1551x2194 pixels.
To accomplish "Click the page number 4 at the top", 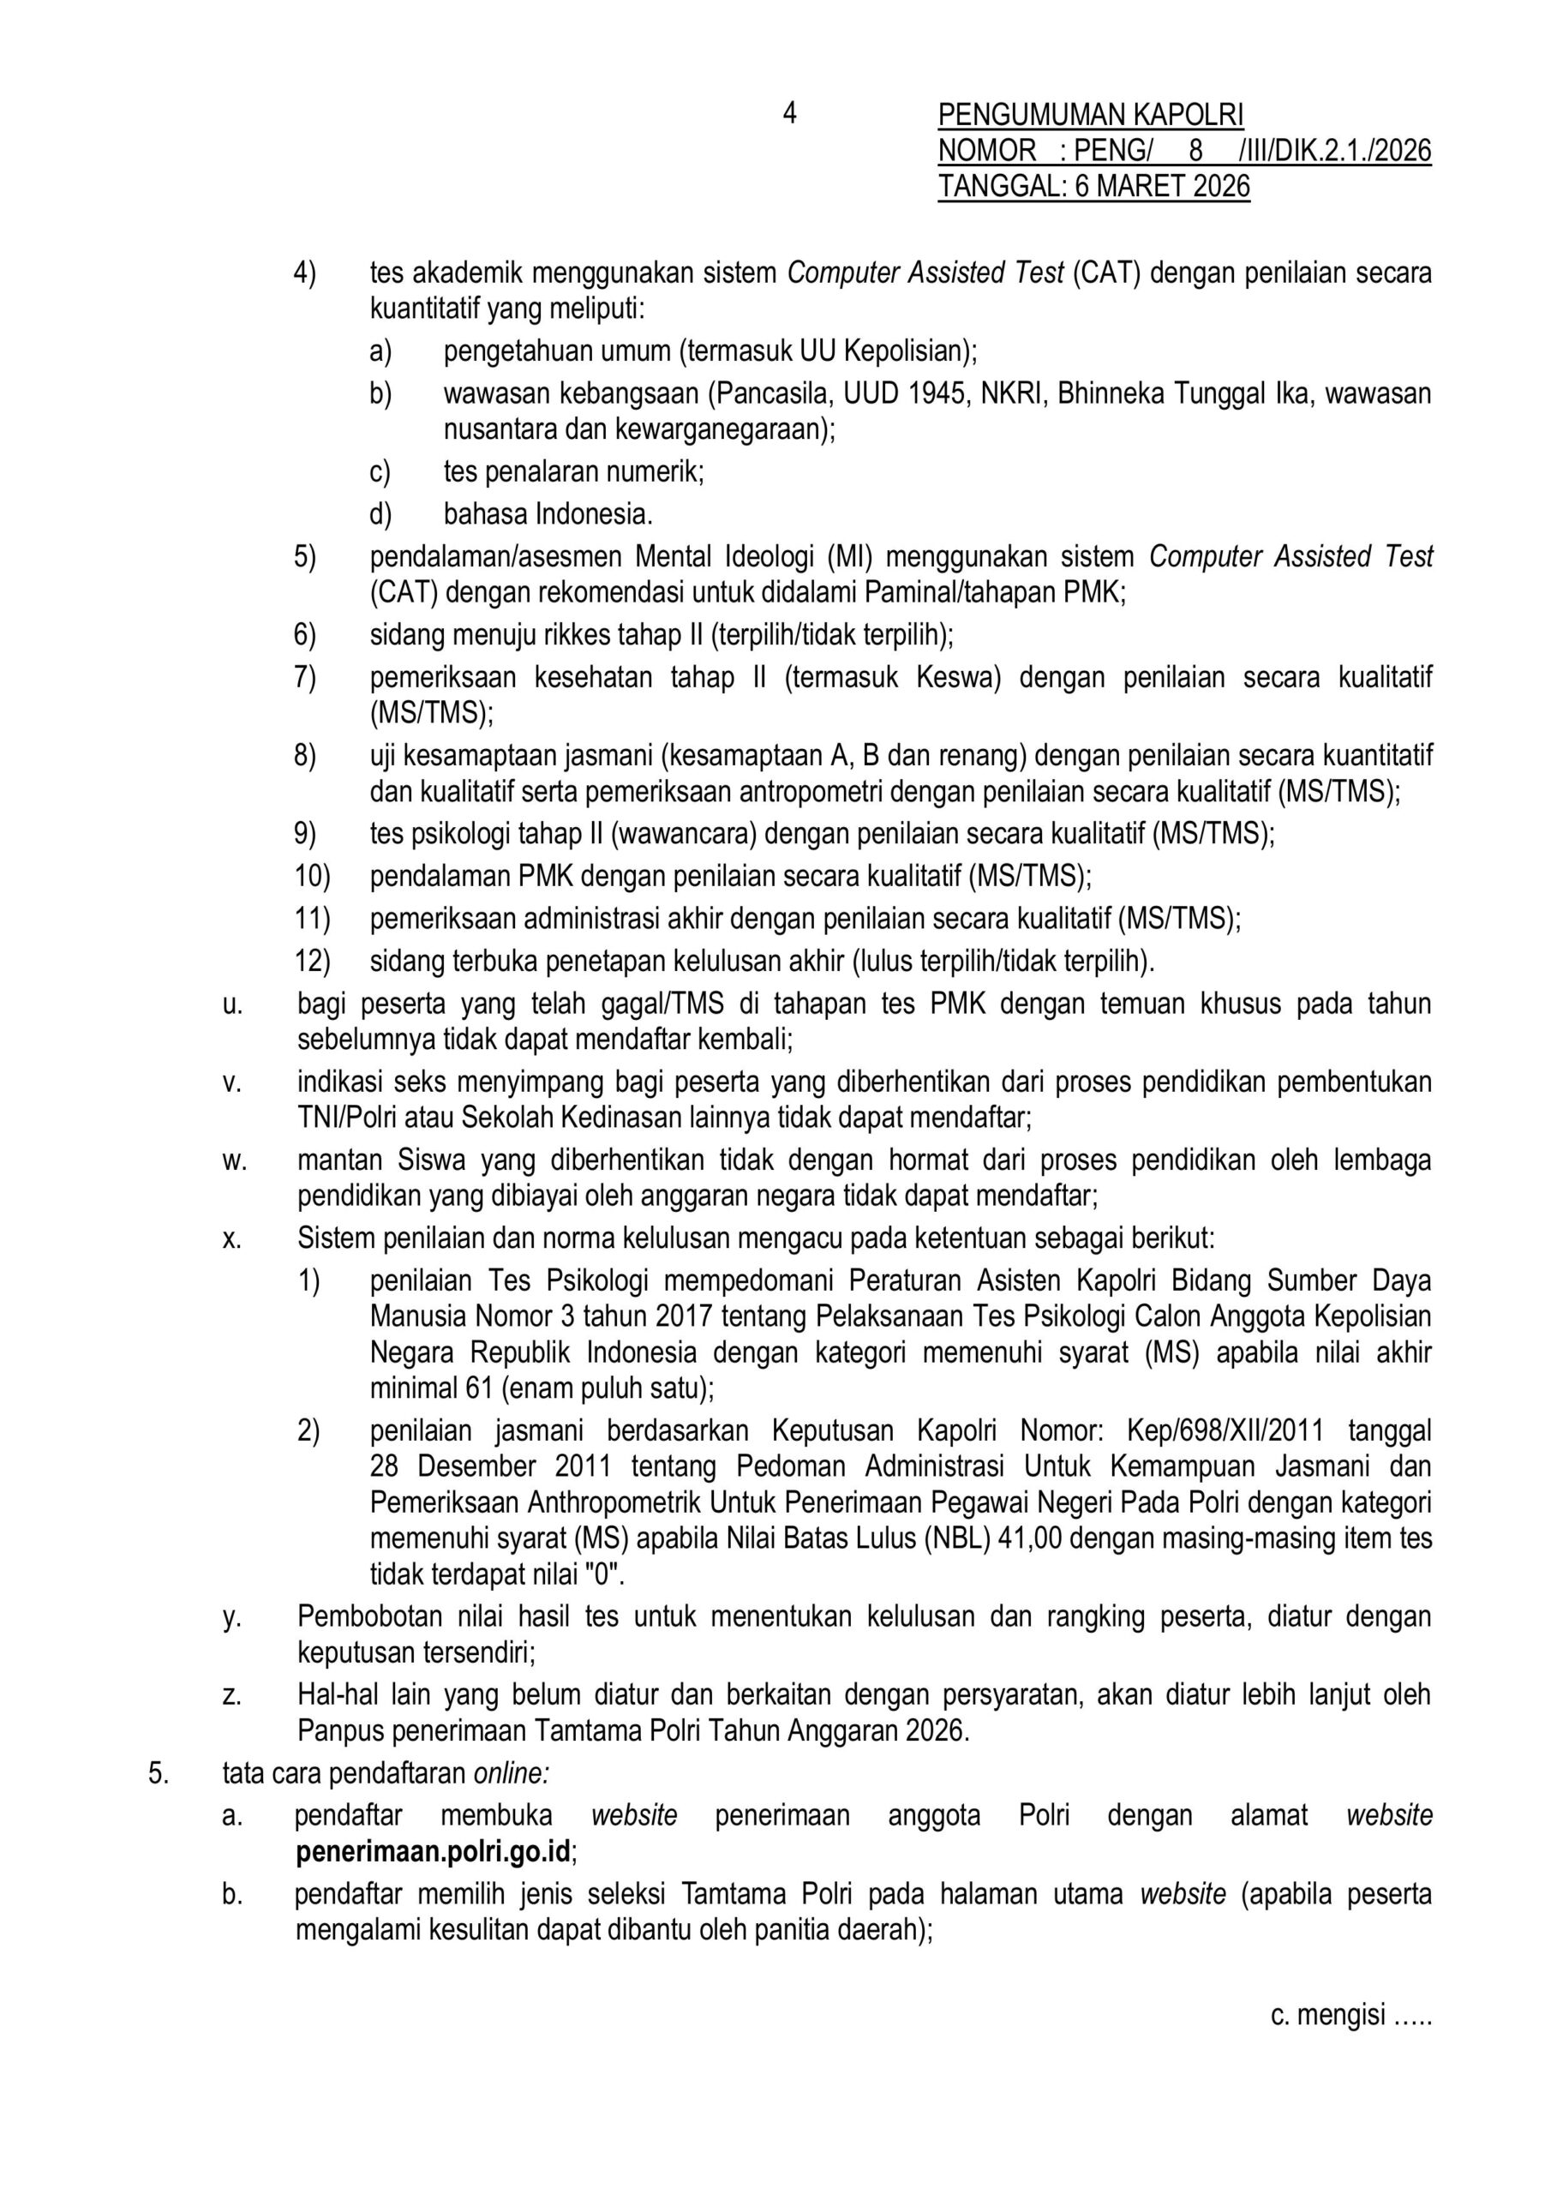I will point(789,114).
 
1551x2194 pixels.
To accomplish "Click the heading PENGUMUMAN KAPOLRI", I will point(1090,116).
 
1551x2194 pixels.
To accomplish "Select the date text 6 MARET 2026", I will point(1162,185).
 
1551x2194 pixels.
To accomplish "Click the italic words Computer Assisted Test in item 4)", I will point(925,273).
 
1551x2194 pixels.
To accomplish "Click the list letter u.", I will point(231,1004).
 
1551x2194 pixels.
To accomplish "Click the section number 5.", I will point(158,1773).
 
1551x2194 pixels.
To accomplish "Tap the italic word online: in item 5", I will point(512,1773).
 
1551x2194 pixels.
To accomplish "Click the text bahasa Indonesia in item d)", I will point(548,514).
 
